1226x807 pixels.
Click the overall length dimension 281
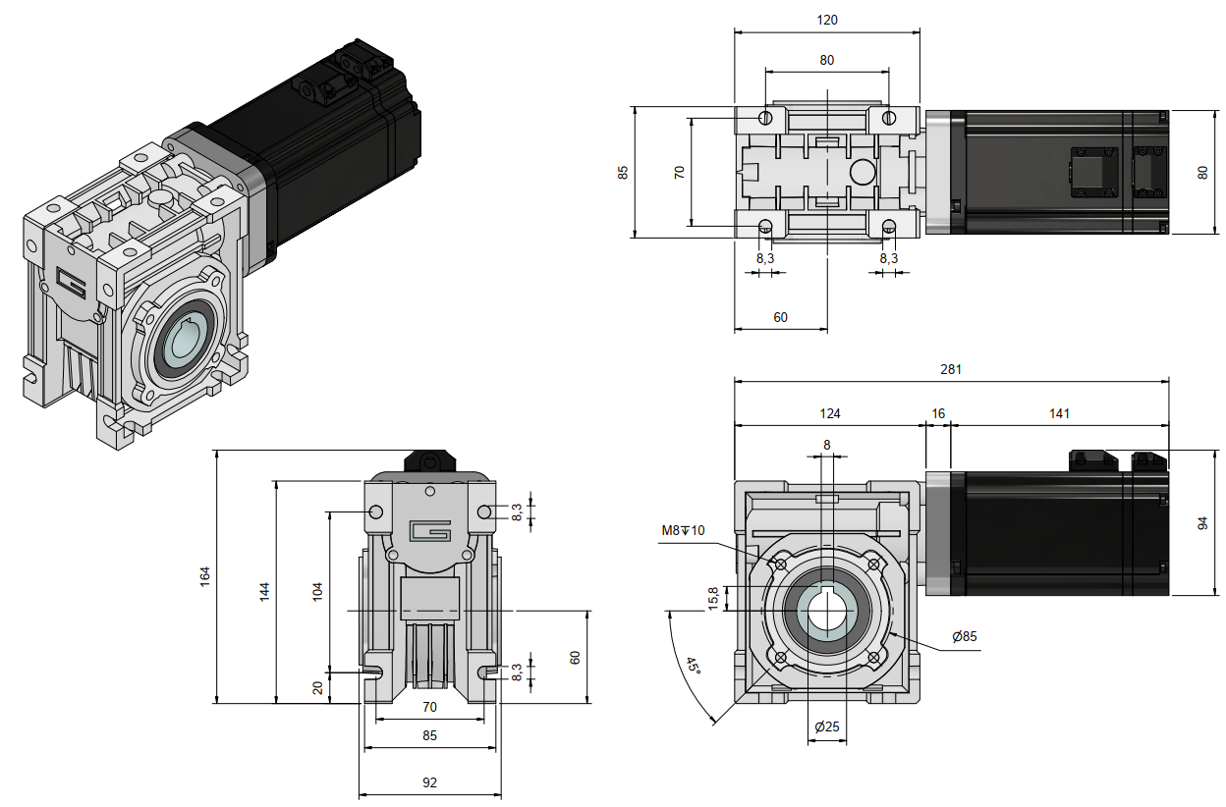pos(950,370)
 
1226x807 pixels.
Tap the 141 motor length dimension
pos(1058,413)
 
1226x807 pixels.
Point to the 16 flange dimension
pos(938,413)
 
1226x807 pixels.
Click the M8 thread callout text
pos(683,531)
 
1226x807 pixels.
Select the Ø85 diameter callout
pos(964,636)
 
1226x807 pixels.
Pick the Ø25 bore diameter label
pos(826,726)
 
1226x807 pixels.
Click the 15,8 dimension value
pos(713,597)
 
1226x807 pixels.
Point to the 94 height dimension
pos(1202,522)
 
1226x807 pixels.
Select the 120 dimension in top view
pos(826,20)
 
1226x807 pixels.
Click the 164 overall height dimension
pos(204,576)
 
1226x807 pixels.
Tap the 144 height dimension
pos(264,591)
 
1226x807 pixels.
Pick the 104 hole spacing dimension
pos(317,592)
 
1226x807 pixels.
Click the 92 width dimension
pos(429,782)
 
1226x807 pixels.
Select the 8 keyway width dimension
pos(826,445)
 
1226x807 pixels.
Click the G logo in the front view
pos(430,531)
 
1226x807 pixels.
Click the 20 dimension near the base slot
pos(317,687)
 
